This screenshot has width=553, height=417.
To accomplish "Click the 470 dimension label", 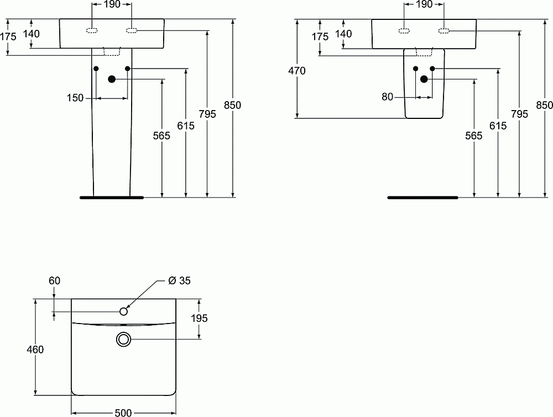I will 296,71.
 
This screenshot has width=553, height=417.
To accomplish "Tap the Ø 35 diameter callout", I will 179,281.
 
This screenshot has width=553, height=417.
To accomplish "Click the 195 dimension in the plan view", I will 199,318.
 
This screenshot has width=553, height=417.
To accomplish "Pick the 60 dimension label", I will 54,281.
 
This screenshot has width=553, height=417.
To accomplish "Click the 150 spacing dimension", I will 75,98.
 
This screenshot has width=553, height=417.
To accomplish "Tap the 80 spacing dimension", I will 387,97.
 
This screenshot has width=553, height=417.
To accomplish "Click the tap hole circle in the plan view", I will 123,311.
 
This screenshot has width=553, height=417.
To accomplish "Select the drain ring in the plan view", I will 123,339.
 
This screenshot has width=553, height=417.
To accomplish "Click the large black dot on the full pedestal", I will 112,79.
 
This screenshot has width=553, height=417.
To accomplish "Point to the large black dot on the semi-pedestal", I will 424,79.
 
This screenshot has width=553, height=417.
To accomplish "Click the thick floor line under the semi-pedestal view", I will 422,197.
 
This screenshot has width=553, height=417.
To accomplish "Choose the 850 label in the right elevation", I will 545,105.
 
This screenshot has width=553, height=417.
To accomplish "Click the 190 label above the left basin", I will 113,5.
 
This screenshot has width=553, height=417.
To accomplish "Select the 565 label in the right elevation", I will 474,135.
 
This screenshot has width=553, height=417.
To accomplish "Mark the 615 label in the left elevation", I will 186,126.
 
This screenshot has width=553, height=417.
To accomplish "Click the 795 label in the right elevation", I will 519,114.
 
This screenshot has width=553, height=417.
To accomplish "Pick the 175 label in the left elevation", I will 8,37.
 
